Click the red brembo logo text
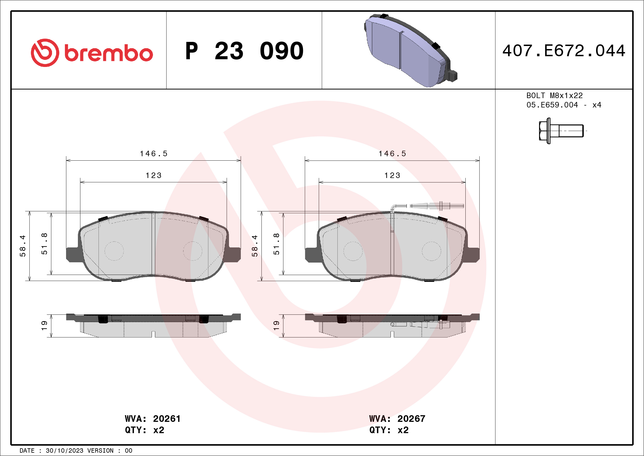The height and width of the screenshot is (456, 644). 108,53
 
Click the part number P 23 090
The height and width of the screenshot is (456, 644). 244,51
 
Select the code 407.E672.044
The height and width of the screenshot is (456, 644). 564,51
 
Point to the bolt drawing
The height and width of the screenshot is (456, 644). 561,131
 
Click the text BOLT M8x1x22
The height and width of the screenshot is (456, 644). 554,95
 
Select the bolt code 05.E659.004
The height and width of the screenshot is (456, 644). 552,105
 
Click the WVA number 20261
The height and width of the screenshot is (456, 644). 167,419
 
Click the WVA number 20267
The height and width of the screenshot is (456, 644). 411,419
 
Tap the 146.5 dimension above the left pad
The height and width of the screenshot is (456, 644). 153,153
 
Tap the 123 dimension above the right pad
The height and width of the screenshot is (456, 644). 392,176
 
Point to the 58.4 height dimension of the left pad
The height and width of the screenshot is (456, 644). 23,246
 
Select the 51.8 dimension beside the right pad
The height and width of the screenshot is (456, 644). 276,244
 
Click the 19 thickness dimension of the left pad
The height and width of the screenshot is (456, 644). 44,325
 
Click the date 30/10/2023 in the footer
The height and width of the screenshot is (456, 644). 64,451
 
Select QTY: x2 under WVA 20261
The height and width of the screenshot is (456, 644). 144,430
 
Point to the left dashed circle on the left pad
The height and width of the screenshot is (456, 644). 114,251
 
